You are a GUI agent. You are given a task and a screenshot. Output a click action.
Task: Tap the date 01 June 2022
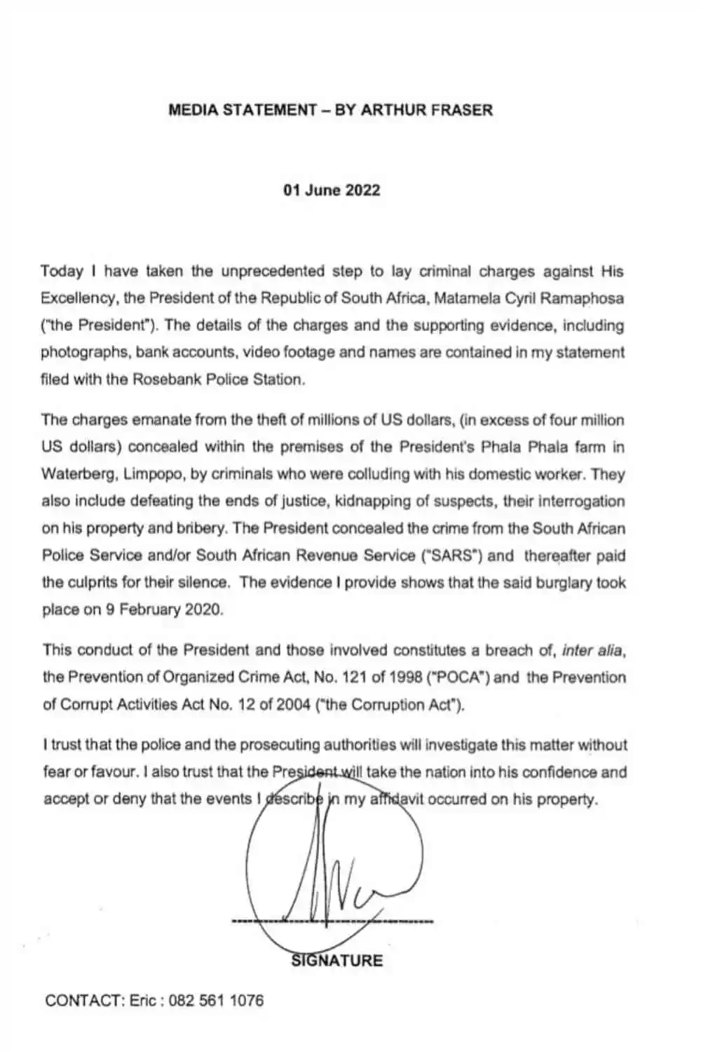point(332,190)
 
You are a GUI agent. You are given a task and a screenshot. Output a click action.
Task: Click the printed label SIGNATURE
point(337,960)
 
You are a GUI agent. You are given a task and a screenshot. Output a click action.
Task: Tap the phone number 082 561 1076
point(217,1000)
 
